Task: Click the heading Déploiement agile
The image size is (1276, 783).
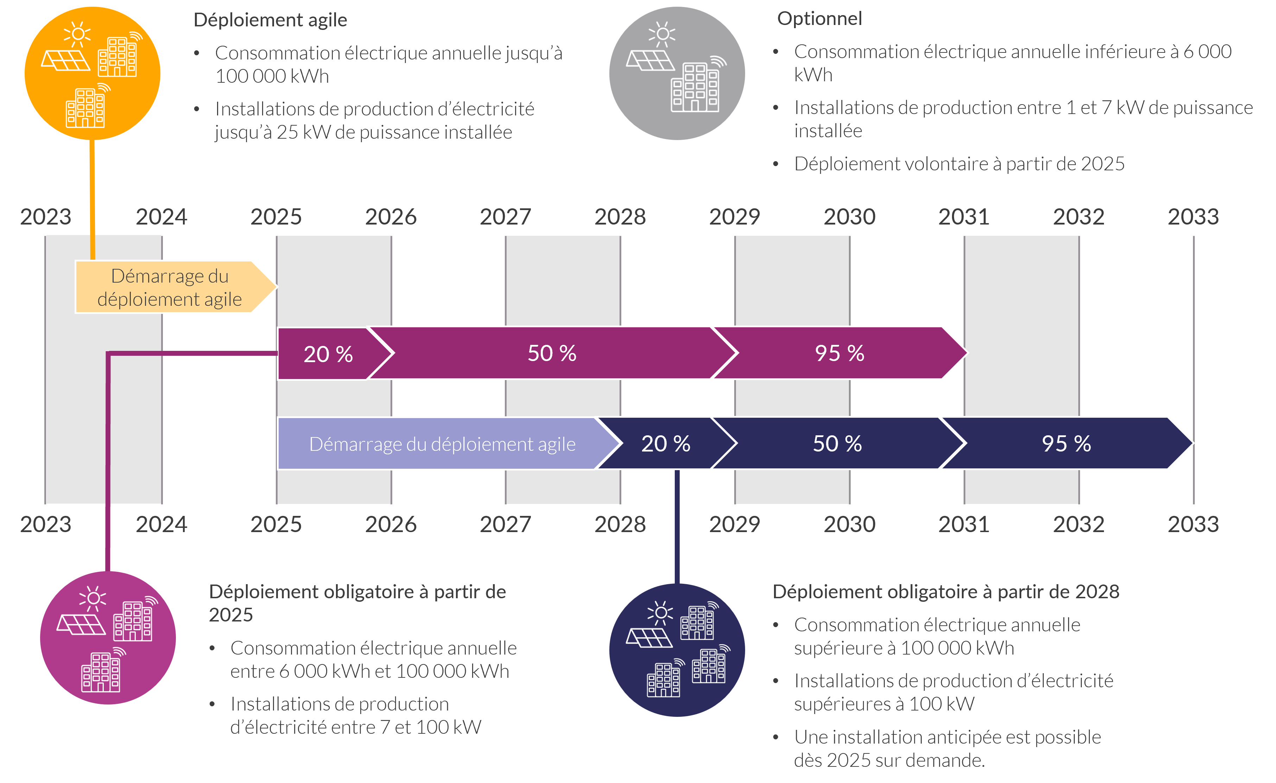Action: click(x=270, y=20)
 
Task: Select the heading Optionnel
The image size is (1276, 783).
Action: click(x=819, y=19)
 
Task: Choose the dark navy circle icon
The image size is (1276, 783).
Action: click(x=677, y=650)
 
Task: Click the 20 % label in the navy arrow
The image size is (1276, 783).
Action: click(x=666, y=444)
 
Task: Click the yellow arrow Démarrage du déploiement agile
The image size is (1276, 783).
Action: click(x=170, y=288)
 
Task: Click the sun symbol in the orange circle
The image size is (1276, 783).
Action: click(x=78, y=34)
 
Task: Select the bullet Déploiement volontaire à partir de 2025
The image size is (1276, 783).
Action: click(x=959, y=164)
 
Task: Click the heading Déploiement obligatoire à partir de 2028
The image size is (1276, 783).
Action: click(x=946, y=592)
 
